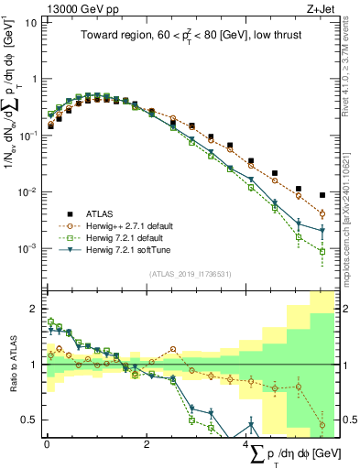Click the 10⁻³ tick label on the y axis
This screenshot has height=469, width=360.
29,248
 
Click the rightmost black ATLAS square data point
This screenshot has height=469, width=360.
322,195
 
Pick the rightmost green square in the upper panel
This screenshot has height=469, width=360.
322,251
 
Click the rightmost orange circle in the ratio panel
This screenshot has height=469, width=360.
322,425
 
